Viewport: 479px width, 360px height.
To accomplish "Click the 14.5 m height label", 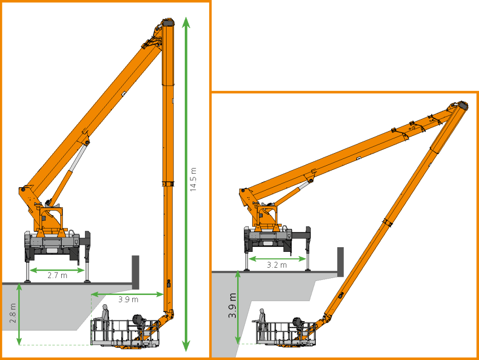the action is (193, 179).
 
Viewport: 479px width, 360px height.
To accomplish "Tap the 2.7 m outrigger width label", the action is (58, 275).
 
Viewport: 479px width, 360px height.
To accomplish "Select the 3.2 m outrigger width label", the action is (277, 264).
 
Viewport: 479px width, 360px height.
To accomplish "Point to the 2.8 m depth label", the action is (13, 313).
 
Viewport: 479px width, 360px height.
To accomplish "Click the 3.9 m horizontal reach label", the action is (128, 300).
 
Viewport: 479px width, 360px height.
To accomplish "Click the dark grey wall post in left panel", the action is (135, 272).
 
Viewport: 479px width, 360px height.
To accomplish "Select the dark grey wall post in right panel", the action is (341, 262).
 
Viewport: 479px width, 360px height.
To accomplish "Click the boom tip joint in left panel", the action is (168, 23).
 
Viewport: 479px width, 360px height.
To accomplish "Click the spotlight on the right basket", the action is (298, 322).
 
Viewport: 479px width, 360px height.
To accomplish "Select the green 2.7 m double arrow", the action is (57, 270).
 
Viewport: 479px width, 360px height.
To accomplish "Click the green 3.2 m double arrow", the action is (277, 259).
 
